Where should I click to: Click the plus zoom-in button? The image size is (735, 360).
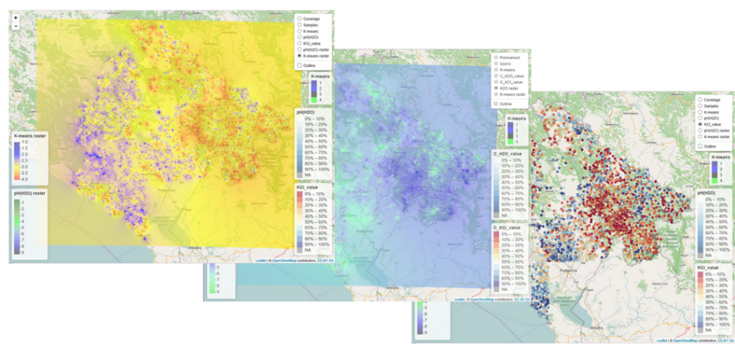pyautogui.click(x=16, y=17)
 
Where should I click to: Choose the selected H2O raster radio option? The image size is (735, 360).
pyautogui.click(x=496, y=88)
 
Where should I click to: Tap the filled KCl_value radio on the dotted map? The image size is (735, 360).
pyautogui.click(x=700, y=124)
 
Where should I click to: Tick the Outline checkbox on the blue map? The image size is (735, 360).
pyautogui.click(x=496, y=103)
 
